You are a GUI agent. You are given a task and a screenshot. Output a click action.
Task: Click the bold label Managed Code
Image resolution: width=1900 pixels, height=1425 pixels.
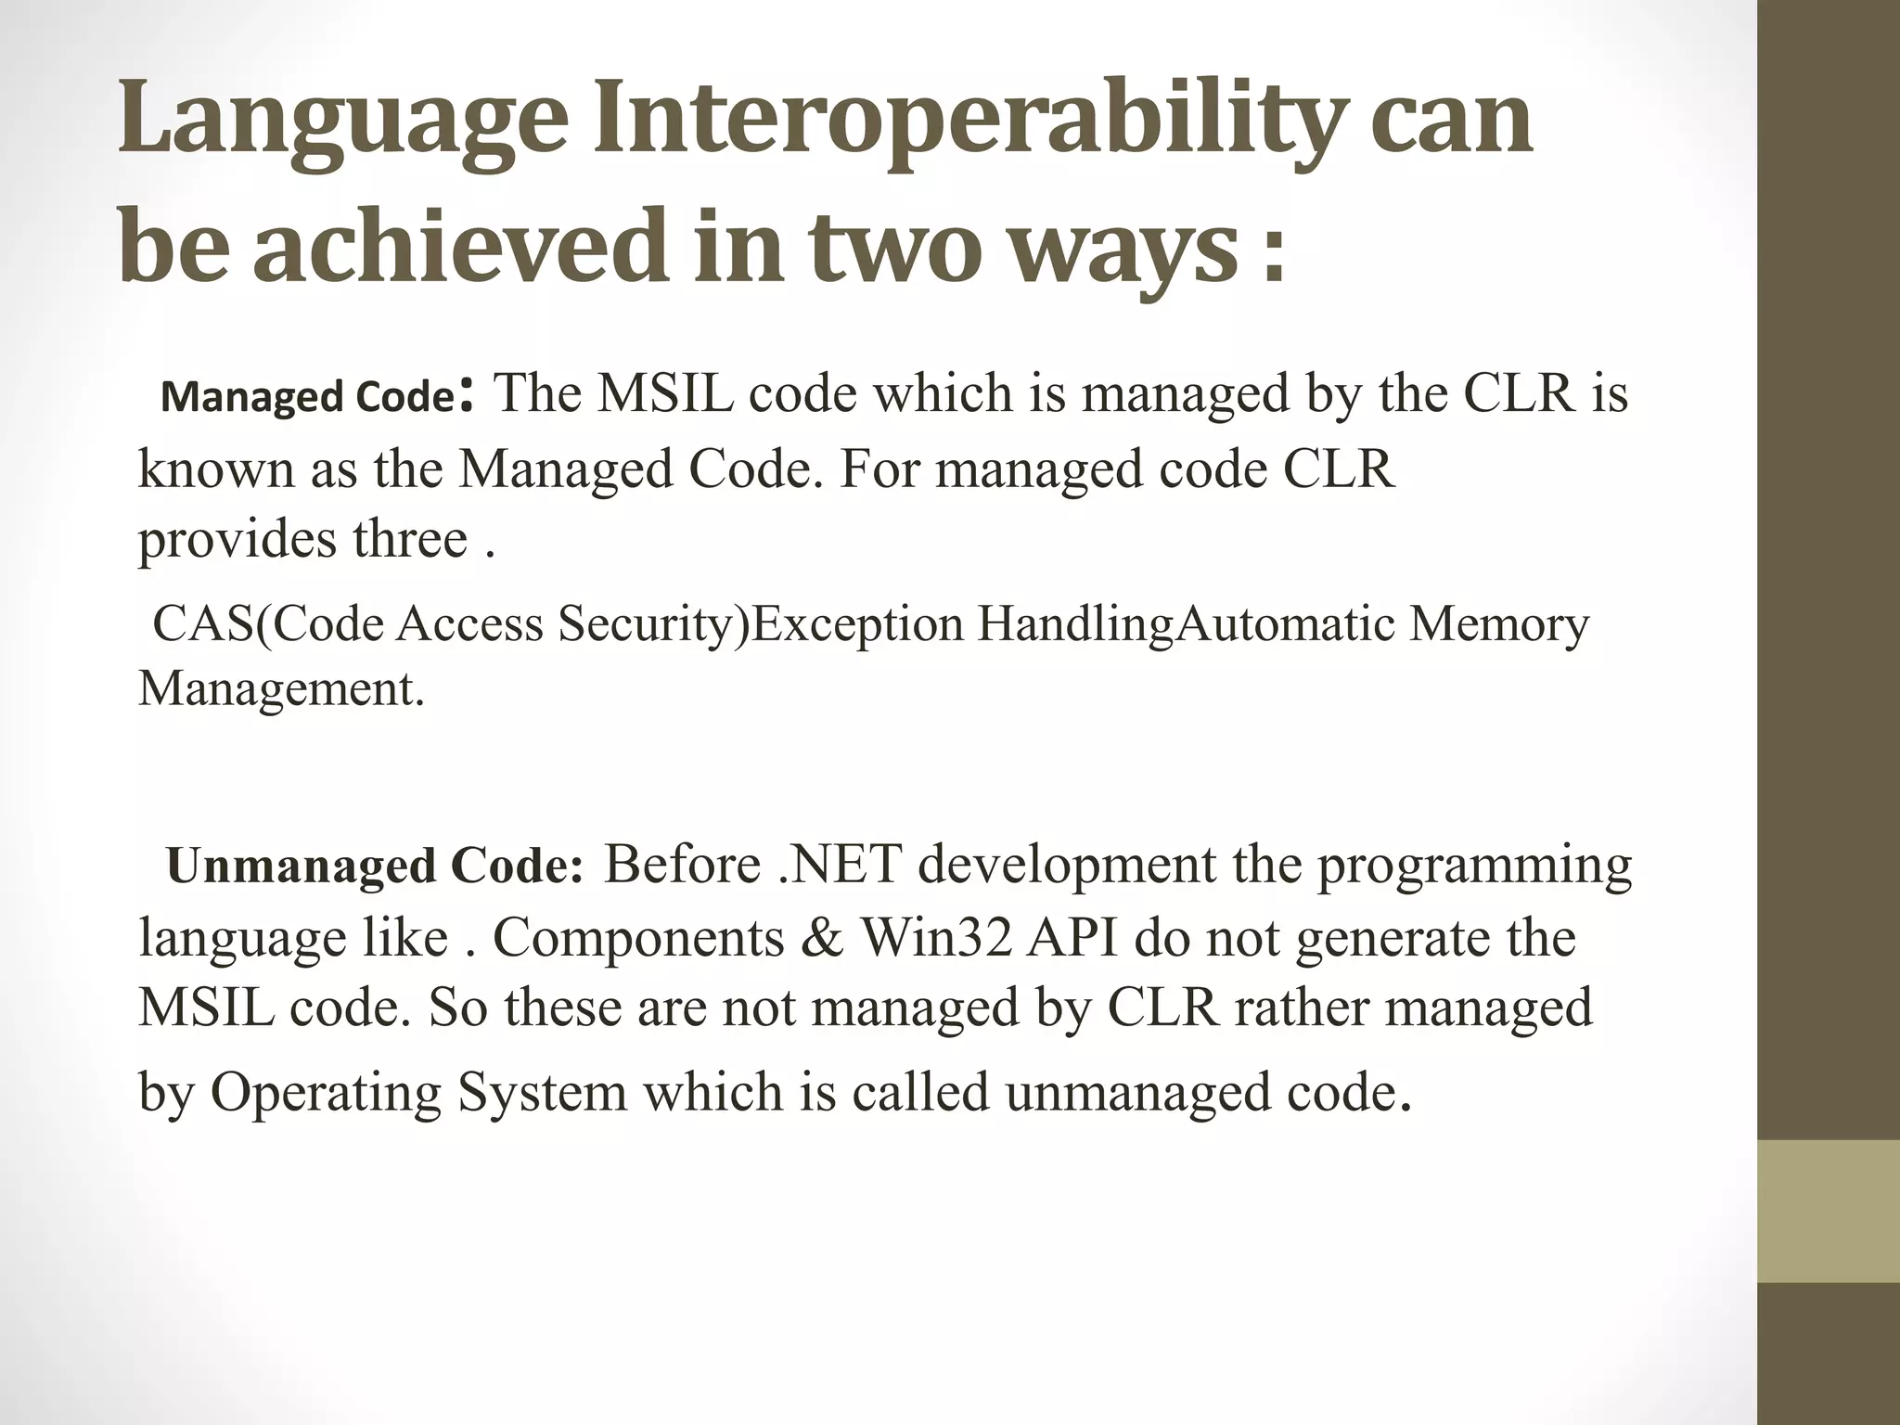pos(306,397)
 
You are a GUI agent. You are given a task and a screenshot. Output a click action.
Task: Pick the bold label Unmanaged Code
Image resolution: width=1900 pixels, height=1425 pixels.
pos(375,867)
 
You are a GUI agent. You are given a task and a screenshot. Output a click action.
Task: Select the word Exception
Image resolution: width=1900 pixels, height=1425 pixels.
pos(857,623)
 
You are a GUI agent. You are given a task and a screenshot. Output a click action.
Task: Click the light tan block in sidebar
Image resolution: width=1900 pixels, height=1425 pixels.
pos(1828,1210)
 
